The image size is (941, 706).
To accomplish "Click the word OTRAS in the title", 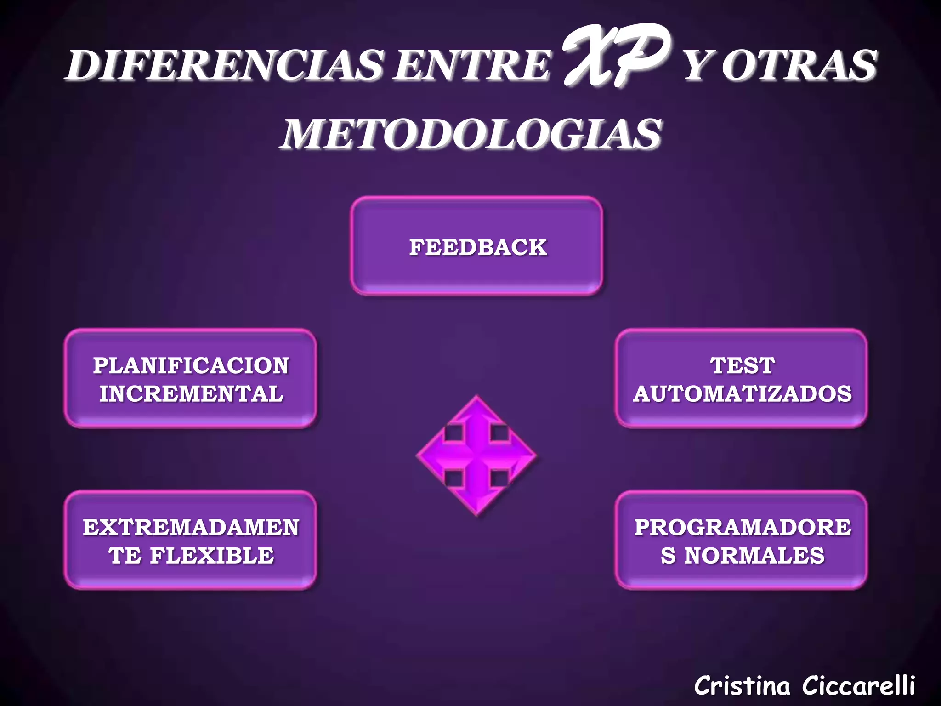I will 799,65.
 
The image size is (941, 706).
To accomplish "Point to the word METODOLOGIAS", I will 471,134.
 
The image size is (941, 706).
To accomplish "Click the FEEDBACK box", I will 477,247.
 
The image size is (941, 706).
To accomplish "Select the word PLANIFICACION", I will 191,366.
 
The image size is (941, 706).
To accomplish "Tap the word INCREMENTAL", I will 191,394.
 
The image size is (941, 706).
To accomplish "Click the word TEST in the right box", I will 743,366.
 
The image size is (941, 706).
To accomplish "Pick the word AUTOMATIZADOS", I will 743,394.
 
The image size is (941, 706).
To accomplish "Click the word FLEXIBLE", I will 212,556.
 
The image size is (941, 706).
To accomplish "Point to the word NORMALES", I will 754,556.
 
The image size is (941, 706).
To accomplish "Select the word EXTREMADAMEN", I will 191,527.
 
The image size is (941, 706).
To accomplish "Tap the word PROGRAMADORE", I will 743,527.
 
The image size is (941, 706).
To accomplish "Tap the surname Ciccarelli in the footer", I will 858,686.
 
